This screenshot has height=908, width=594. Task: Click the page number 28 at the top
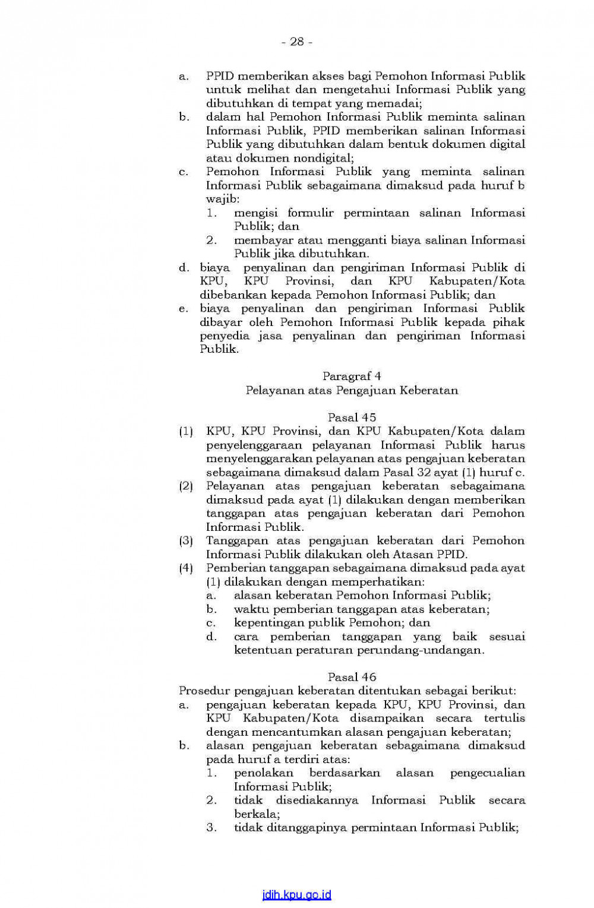click(x=296, y=42)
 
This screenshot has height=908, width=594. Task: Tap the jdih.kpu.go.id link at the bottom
click(x=296, y=894)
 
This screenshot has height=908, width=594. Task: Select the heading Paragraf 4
click(x=352, y=376)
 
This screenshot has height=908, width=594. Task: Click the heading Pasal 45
click(x=352, y=417)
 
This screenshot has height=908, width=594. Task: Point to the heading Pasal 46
click(x=352, y=677)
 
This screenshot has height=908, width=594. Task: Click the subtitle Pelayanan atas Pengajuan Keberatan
click(x=352, y=390)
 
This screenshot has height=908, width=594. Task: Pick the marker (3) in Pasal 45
click(x=186, y=540)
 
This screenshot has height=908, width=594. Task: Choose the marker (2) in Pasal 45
click(x=186, y=486)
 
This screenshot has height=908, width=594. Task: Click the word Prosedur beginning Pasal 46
click(x=204, y=691)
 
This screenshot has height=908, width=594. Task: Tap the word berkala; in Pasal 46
click(x=257, y=814)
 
